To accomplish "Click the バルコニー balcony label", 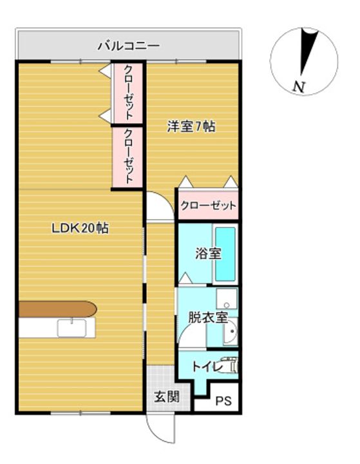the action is click(129, 46).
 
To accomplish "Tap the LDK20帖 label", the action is click(80, 228).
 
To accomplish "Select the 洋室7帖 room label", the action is click(191, 127).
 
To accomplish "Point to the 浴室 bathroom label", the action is click(208, 254).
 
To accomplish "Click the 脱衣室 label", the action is click(208, 318).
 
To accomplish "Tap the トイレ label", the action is click(207, 367).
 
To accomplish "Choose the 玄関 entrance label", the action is click(167, 396).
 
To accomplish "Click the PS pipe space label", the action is click(223, 401).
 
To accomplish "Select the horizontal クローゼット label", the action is click(209, 206).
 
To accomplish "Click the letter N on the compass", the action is click(299, 87).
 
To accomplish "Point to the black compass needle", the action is click(308, 51).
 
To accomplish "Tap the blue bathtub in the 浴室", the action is click(225, 254).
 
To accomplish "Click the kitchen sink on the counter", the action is click(72, 328).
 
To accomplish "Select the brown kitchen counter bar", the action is click(58, 309).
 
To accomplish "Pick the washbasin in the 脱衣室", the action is click(231, 332).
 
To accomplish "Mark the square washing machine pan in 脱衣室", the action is click(227, 298).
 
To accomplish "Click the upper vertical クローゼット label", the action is click(128, 92).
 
